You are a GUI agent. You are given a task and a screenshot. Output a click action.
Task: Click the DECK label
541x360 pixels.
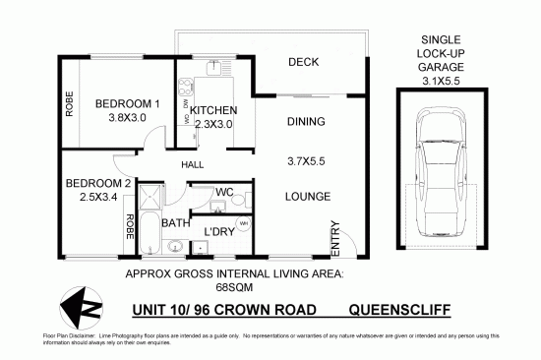tap(305, 63)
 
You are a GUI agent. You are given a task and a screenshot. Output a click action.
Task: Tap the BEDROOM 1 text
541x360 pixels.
tap(127, 104)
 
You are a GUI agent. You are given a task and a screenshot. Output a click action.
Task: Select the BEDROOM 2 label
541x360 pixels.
tap(97, 184)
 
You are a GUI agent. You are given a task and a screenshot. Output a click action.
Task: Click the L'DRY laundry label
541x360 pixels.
tap(217, 232)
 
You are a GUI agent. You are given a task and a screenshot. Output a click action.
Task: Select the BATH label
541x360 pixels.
tap(176, 223)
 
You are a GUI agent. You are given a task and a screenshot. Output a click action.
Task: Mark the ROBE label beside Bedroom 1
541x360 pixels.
tap(69, 104)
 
